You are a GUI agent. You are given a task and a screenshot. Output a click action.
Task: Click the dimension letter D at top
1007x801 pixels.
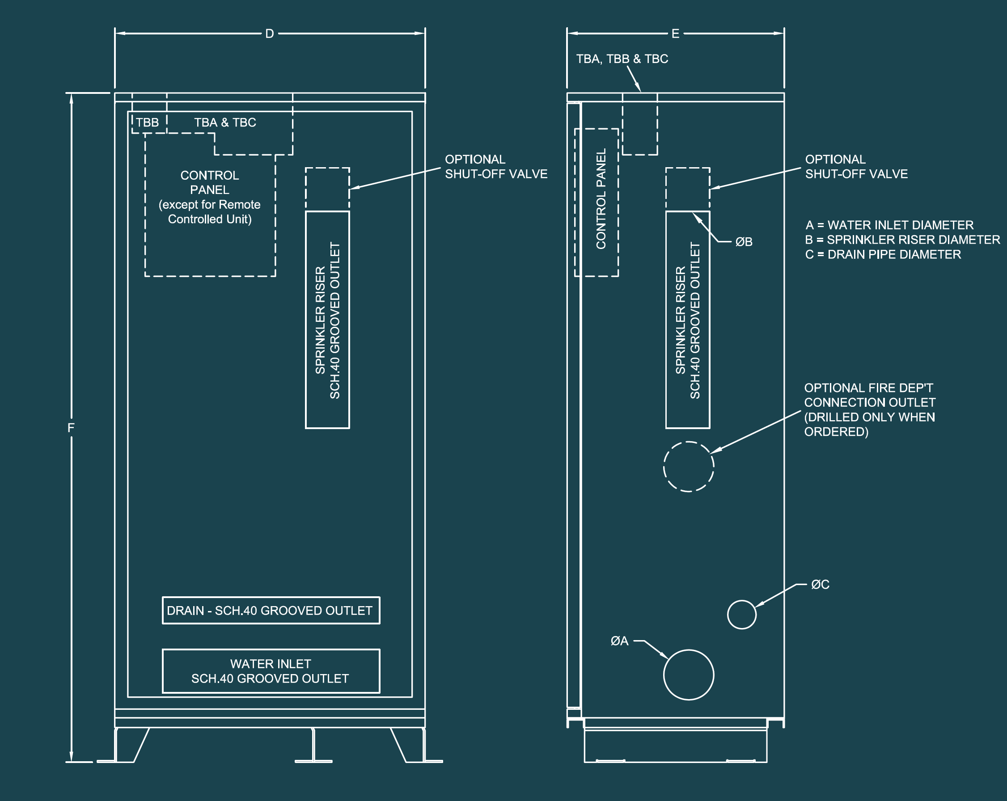coord(270,34)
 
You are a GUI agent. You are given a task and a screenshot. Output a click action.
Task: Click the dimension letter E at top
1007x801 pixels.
coord(675,34)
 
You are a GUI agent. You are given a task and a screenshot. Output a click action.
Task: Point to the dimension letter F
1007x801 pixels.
coord(71,428)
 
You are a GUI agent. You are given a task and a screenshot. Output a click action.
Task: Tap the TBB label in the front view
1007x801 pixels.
coord(147,123)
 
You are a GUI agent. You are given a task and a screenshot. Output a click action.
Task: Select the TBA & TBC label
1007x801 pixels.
coord(224,123)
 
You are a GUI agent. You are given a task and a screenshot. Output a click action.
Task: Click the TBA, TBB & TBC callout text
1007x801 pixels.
coord(622,59)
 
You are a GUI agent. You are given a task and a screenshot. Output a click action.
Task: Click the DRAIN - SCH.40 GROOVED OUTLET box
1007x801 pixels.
coord(271,610)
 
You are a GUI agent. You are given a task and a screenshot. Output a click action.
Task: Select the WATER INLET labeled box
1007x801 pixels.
coord(271,671)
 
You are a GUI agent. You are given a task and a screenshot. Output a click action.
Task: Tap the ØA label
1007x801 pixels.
coord(619,641)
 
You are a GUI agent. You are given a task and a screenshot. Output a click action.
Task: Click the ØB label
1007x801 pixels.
coord(744,242)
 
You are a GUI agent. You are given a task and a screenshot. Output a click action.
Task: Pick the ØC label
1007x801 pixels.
coord(820,584)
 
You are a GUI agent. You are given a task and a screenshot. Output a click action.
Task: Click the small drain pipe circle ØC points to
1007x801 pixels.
coord(741,614)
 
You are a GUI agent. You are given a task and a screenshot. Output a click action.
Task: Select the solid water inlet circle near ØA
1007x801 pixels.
coord(688,675)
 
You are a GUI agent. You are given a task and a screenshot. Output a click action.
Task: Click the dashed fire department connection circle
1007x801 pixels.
coord(688,466)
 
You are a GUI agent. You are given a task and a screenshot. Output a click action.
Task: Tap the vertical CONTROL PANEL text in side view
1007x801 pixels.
coord(601,199)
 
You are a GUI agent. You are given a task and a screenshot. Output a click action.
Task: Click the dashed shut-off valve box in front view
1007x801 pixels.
coord(327,189)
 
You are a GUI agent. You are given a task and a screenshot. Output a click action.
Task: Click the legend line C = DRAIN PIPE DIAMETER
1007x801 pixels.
coord(883,254)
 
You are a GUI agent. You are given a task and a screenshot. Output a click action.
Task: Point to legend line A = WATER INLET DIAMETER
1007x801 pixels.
coord(889,225)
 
